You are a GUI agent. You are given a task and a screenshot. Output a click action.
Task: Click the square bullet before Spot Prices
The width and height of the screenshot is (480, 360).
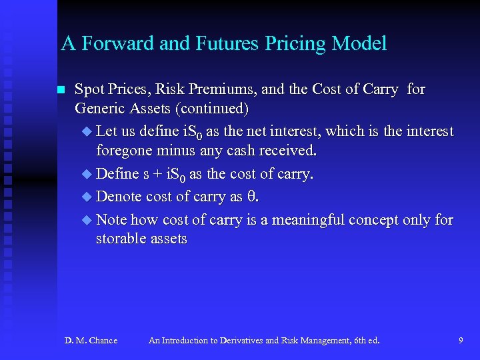coord(61,90)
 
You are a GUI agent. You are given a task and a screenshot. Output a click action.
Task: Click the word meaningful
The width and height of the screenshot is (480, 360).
coord(319,219)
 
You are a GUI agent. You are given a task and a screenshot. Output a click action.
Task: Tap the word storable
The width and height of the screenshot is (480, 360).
coord(119,239)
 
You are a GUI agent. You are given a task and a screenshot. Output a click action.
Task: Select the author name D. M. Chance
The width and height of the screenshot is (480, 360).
coord(91,341)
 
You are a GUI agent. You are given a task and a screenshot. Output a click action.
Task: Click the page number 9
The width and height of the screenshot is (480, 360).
coord(461,341)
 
